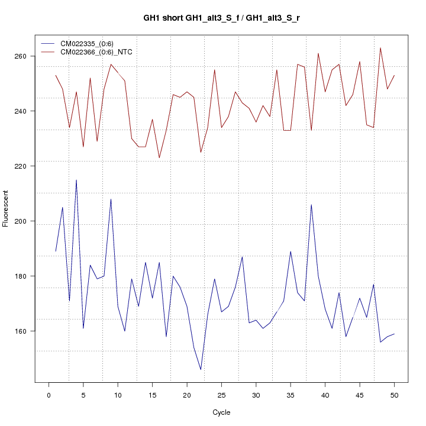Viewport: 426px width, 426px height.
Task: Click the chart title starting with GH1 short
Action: tap(221, 18)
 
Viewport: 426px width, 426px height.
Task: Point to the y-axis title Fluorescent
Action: tap(6, 208)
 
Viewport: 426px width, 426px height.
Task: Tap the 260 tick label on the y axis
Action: tap(22, 56)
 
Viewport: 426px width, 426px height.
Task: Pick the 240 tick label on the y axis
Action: tap(22, 111)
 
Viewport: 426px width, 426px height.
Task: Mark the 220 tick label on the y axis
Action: tap(22, 166)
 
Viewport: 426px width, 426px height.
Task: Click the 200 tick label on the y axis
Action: tap(22, 221)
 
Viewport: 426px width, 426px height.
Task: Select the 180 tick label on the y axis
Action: tap(22, 276)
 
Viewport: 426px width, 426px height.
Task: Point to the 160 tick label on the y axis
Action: tap(22, 331)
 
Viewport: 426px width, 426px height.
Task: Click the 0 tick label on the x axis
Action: tap(49, 395)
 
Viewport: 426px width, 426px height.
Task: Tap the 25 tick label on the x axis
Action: tap(221, 395)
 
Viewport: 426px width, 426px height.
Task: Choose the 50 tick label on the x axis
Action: tap(394, 395)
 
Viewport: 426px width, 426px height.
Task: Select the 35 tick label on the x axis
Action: tap(291, 395)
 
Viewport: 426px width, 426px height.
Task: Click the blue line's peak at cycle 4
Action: tap(76, 180)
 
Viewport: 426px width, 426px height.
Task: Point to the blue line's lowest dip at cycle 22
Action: tap(201, 370)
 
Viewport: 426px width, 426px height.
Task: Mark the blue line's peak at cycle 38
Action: tap(311, 205)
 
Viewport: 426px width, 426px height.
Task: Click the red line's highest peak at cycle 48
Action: tap(380, 48)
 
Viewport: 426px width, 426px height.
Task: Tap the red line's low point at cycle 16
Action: tap(159, 158)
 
